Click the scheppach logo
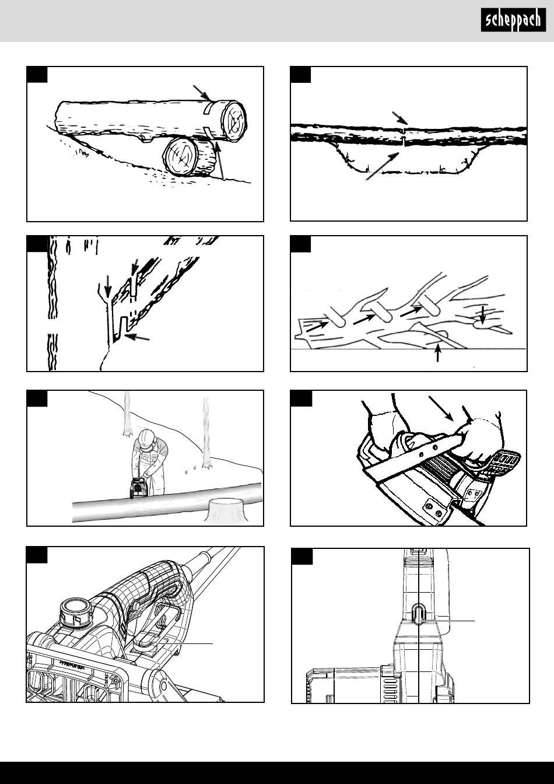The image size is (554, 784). [513, 20]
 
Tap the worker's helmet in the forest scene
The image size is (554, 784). [146, 437]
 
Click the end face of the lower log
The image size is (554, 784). [181, 156]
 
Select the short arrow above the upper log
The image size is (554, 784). [202, 93]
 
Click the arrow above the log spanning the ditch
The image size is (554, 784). [399, 118]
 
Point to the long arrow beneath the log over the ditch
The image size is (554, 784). [383, 166]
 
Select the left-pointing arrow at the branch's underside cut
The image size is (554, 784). [137, 337]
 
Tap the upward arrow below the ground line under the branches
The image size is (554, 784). [437, 352]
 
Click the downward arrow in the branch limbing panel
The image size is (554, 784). [483, 314]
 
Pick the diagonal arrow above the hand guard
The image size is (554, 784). [441, 408]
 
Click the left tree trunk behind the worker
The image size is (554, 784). [127, 414]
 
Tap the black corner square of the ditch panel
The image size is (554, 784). [301, 75]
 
